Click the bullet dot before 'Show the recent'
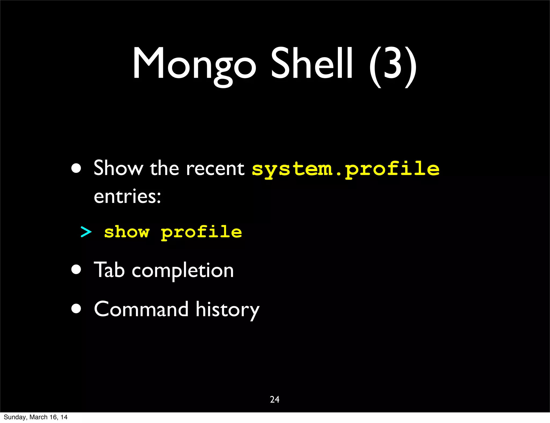pyautogui.click(x=76, y=168)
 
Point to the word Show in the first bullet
pyautogui.click(x=118, y=168)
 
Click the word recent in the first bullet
pyautogui.click(x=215, y=169)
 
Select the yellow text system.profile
pyautogui.click(x=346, y=169)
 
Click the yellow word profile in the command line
pyautogui.click(x=201, y=232)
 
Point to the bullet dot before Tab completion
pyautogui.click(x=76, y=269)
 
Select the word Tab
pyautogui.click(x=109, y=270)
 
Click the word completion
pyautogui.click(x=183, y=271)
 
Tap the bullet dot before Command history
pyautogui.click(x=76, y=309)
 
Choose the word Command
pyautogui.click(x=141, y=309)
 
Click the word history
pyautogui.click(x=227, y=310)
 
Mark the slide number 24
pyautogui.click(x=275, y=399)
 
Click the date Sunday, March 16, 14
pyautogui.click(x=35, y=417)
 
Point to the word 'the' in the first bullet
pyautogui.click(x=164, y=169)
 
